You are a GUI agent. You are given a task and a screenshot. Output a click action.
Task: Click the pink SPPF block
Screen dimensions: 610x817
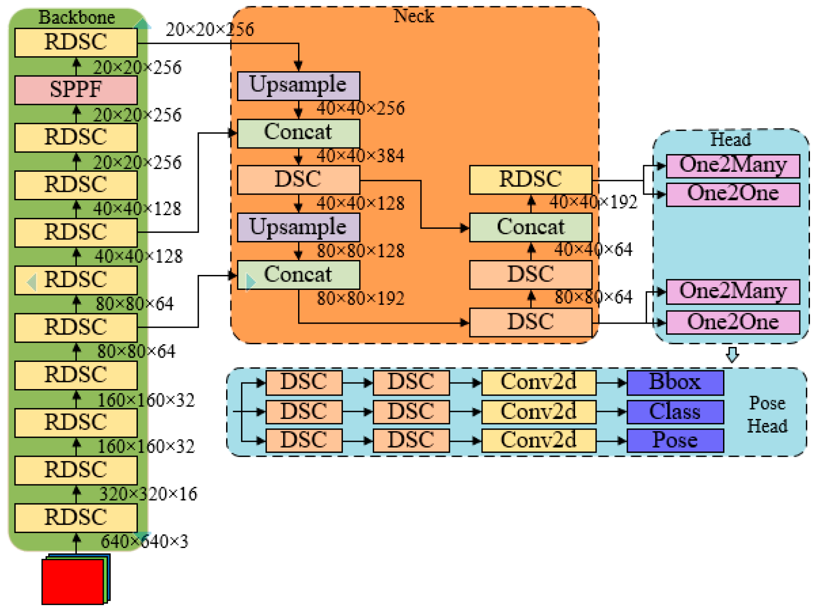[76, 90]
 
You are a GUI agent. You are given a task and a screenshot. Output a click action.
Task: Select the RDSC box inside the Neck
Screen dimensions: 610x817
[530, 180]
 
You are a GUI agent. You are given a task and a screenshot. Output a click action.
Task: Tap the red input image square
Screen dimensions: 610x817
[72, 581]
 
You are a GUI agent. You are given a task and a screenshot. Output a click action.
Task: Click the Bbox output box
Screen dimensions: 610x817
[675, 382]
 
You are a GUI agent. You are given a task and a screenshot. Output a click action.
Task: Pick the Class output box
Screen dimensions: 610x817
[675, 411]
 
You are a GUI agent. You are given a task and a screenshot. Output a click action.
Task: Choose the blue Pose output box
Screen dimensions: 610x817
[675, 440]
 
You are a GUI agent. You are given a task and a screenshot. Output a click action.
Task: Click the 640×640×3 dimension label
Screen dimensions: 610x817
[144, 541]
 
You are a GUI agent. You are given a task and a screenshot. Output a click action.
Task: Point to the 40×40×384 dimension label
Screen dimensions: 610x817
[360, 155]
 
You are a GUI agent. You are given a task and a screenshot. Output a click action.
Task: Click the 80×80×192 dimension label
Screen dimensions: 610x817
[360, 299]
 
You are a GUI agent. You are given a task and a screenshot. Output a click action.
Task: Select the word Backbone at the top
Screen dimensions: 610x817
[76, 17]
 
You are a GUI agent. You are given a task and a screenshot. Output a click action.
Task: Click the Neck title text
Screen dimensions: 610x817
[413, 16]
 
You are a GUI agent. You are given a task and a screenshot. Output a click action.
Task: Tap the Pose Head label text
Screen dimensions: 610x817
[767, 415]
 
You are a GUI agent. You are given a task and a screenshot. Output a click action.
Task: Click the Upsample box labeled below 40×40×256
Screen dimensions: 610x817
[298, 86]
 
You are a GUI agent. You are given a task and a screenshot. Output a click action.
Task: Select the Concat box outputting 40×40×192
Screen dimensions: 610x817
[530, 227]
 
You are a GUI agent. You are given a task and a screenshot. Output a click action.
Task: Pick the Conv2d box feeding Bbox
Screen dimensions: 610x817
[538, 382]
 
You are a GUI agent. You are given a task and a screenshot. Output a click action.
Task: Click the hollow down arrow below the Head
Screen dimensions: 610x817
[732, 354]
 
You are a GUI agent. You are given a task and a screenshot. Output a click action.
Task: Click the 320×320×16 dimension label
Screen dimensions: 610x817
[148, 494]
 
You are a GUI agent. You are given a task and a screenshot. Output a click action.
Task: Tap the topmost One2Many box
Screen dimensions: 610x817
[732, 165]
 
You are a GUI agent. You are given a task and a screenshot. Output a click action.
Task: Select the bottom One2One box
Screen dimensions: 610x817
[732, 322]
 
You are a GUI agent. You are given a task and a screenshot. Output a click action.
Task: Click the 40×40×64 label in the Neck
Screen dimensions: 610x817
[593, 249]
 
